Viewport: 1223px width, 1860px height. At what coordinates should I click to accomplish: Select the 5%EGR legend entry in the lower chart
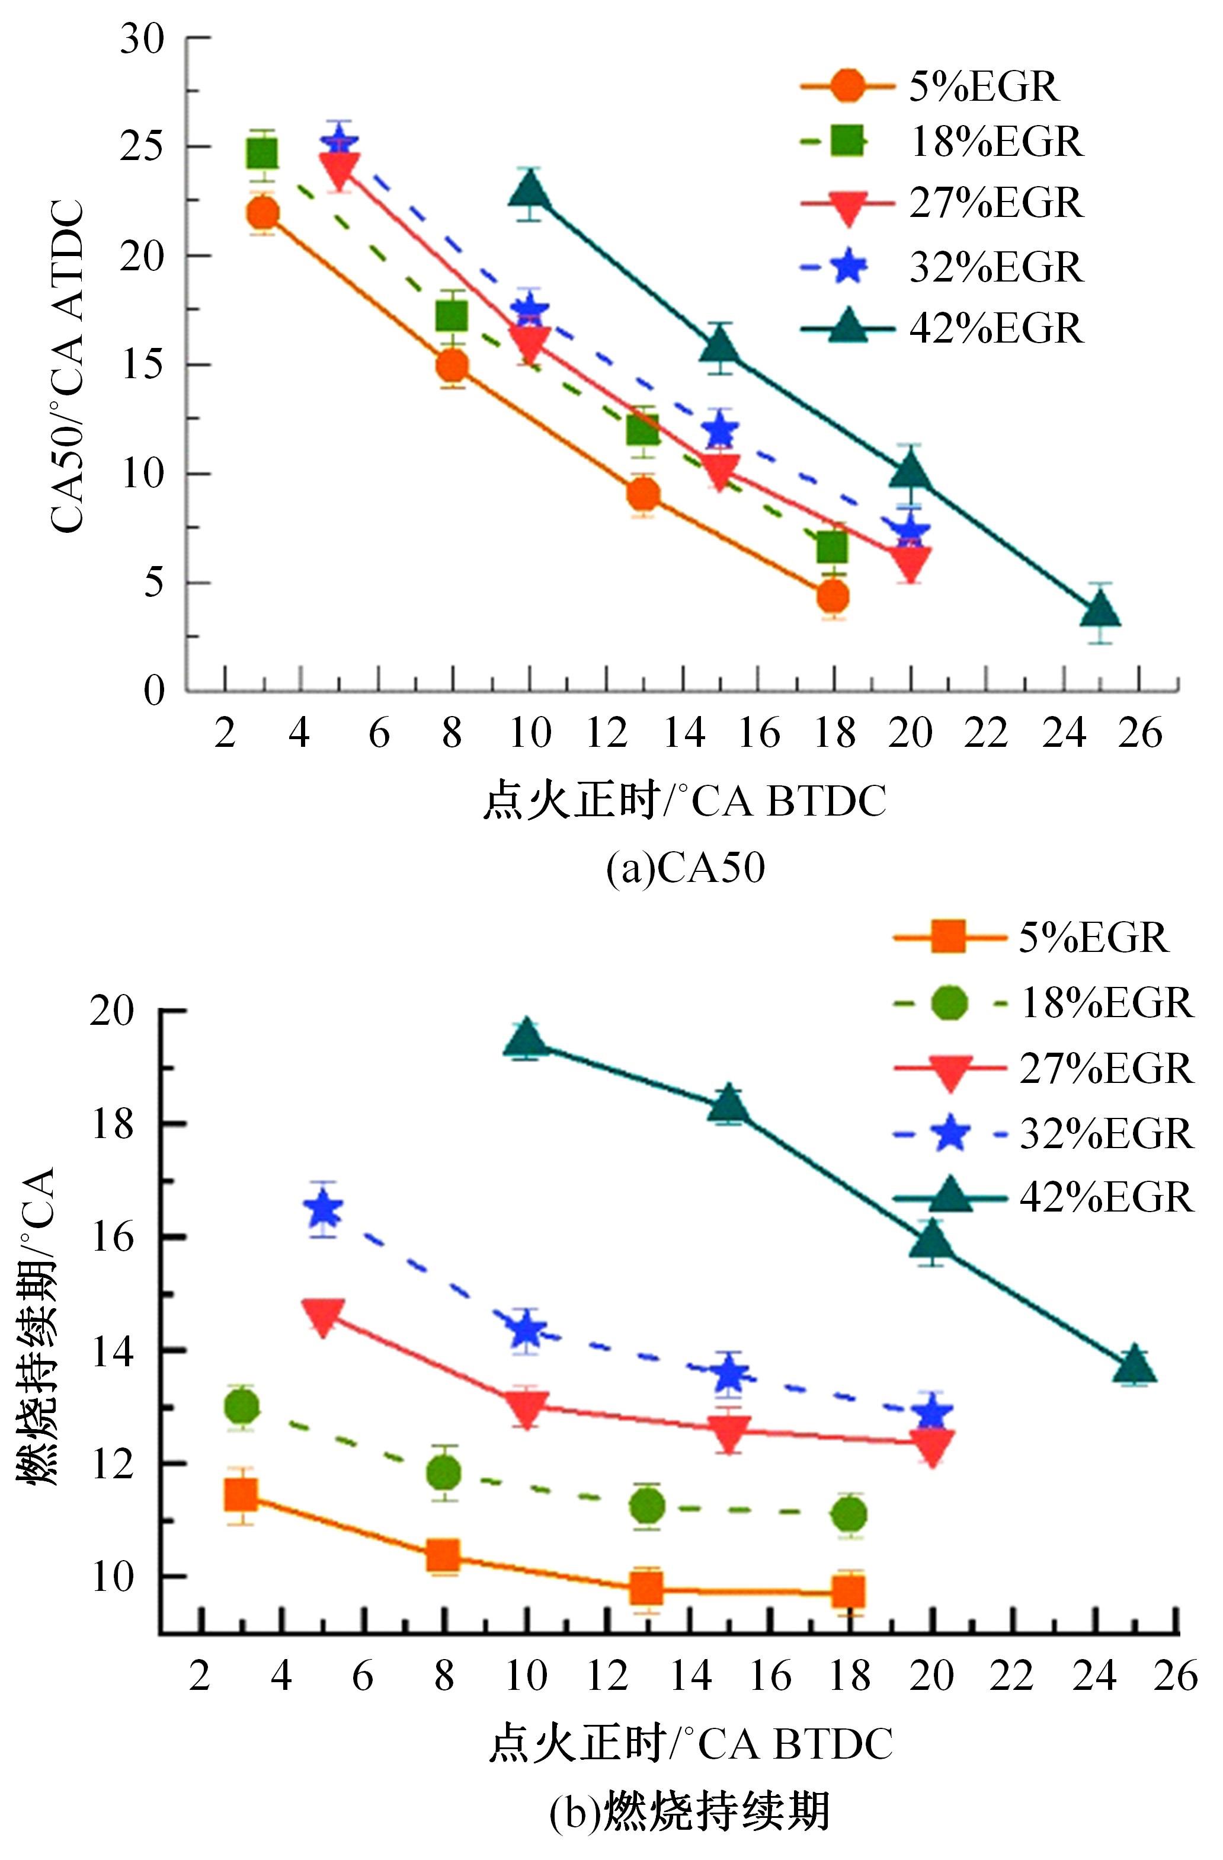pyautogui.click(x=1032, y=937)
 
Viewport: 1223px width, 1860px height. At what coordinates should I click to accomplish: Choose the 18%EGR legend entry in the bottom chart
pyautogui.click(x=1043, y=1003)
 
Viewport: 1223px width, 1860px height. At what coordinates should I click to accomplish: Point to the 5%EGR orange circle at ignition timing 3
pyautogui.click(x=262, y=213)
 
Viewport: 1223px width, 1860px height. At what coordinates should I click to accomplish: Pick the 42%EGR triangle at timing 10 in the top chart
pyautogui.click(x=530, y=190)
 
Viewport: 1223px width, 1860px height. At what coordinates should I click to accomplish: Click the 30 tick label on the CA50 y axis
pyautogui.click(x=142, y=39)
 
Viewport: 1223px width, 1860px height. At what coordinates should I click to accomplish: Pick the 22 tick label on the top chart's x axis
pyautogui.click(x=985, y=734)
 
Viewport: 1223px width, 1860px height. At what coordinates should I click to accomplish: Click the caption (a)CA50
pyautogui.click(x=686, y=868)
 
